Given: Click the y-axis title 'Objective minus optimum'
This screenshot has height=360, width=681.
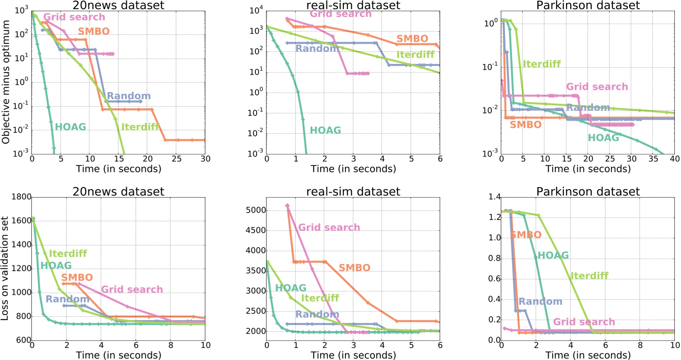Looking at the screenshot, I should click(x=6, y=82).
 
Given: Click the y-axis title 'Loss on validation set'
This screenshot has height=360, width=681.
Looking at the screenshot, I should click(x=5, y=268).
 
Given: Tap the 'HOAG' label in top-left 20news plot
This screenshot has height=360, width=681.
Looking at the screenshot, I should click(x=71, y=127).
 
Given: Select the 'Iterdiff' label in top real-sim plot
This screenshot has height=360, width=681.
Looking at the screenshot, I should click(x=415, y=55).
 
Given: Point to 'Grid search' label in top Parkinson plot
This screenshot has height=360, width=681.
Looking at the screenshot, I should click(x=597, y=87).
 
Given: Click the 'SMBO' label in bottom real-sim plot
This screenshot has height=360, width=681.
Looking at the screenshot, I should click(x=355, y=268).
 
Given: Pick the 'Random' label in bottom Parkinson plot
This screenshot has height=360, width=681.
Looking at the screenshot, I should click(x=540, y=301).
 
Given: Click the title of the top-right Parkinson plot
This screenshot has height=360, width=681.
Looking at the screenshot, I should click(x=588, y=6).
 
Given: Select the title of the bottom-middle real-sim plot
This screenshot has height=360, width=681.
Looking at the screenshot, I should click(x=353, y=191).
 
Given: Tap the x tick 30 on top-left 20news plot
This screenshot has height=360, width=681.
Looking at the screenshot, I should click(x=205, y=159).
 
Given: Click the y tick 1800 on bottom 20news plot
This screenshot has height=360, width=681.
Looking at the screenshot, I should click(x=21, y=197).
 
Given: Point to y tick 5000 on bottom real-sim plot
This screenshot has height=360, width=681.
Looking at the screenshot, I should click(x=255, y=210).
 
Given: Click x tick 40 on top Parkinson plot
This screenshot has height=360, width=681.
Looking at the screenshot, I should click(x=675, y=159).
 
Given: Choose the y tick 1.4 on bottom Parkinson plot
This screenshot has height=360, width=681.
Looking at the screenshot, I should click(x=495, y=197).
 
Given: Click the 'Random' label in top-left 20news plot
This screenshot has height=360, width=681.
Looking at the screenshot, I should click(x=129, y=96).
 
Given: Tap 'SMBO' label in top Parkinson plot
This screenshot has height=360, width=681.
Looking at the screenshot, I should click(x=526, y=125).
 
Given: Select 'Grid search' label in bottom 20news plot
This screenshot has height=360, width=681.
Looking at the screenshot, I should click(x=132, y=289).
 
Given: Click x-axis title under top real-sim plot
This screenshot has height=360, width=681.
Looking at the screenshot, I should click(x=353, y=169).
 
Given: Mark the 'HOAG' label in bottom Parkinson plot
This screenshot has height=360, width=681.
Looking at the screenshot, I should click(x=553, y=255).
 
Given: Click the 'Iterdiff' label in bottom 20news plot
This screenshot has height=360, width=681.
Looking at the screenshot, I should click(x=68, y=253).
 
